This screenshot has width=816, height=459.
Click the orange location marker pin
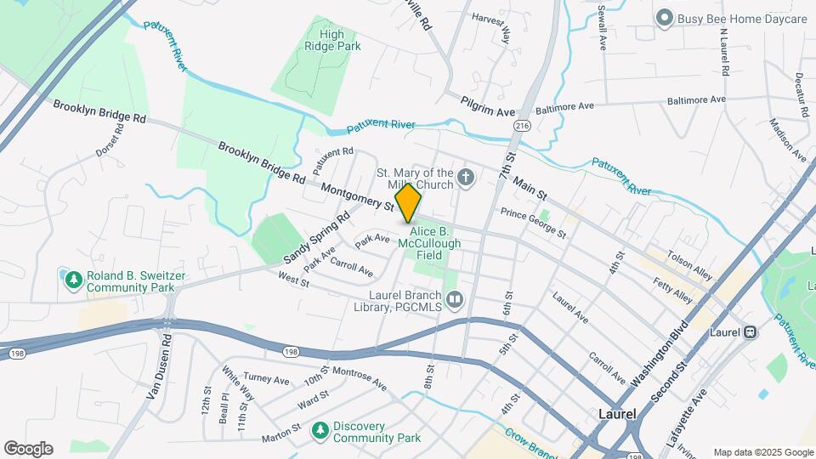(409, 202)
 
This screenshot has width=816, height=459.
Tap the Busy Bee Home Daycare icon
(664, 18)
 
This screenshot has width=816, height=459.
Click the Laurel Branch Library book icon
(455, 298)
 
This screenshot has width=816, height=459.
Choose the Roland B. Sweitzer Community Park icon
(73, 280)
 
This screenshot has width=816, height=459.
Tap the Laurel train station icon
(751, 332)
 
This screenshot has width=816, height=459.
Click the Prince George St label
(533, 222)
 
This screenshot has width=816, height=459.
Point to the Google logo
(28, 449)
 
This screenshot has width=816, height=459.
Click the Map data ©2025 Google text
(762, 452)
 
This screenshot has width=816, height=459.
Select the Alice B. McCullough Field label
(435, 243)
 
